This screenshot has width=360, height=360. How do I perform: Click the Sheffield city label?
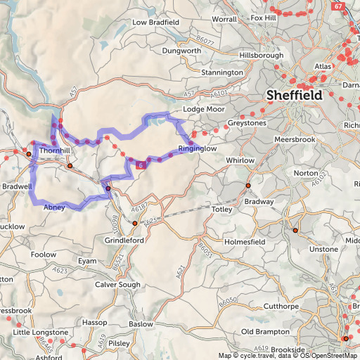294,95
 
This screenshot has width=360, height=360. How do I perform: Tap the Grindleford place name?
124,240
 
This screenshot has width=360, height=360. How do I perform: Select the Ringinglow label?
198,149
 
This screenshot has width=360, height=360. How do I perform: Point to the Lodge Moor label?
202,110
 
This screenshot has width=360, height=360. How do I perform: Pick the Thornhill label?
55,150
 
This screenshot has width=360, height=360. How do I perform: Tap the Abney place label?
54,207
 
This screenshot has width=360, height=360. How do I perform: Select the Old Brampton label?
265,331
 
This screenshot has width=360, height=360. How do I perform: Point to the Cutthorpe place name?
261,307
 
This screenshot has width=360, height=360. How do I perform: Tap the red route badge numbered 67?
340,6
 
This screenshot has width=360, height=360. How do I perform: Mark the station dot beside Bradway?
247,186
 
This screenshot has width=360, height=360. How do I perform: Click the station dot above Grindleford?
135,224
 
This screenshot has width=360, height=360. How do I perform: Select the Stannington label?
221,72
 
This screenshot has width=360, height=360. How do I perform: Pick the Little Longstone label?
41,332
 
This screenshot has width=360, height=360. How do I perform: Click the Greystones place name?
247,123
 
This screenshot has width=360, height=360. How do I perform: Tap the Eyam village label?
86,261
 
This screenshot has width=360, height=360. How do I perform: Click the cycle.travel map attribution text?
259,355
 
